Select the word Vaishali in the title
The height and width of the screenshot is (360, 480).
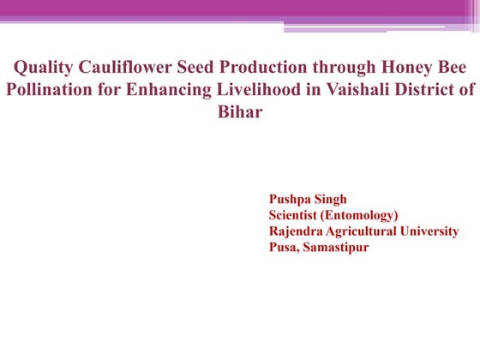coord(330,91)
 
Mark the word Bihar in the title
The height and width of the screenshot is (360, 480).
coord(240,112)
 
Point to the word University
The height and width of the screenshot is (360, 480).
coord(427,231)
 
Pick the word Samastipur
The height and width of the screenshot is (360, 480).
coord(337,248)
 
